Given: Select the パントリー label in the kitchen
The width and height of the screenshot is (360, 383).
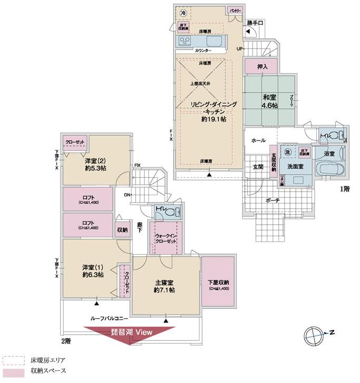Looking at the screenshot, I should (235, 11).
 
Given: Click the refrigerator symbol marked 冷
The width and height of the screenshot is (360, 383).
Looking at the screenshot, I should (183, 13).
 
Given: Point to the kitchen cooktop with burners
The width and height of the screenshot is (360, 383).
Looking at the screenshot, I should (186, 41).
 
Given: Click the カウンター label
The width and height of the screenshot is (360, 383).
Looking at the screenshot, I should (203, 51).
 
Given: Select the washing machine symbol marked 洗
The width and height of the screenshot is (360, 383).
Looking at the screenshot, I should (287, 152).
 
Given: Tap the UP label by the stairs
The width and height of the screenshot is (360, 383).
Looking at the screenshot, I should (240, 49).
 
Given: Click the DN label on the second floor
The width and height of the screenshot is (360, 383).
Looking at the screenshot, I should (127, 195).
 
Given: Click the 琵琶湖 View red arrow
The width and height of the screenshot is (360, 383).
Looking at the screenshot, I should (131, 335).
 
